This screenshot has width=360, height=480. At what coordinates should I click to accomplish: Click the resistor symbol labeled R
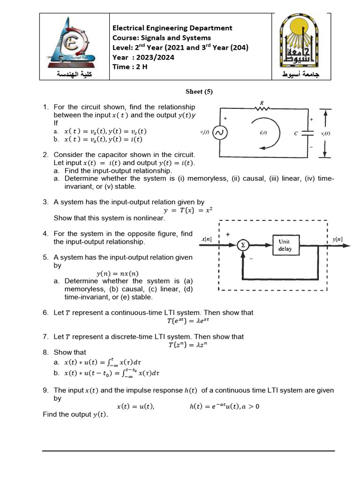[x=261, y=108]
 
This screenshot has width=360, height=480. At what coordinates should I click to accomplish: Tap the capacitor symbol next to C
[x=308, y=133]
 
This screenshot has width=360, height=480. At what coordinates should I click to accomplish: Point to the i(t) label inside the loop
[x=264, y=134]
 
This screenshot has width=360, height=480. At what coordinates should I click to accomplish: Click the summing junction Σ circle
[x=243, y=245]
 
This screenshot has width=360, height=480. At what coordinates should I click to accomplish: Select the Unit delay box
[x=285, y=245]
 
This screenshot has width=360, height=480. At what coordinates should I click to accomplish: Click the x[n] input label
[x=206, y=240]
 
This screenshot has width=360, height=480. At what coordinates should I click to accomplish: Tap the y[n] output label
[x=337, y=240]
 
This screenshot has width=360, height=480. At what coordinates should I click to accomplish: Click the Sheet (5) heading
[x=199, y=92]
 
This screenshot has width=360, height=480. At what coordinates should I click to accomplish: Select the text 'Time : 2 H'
[x=130, y=67]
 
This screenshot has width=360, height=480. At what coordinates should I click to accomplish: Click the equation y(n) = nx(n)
[x=117, y=274]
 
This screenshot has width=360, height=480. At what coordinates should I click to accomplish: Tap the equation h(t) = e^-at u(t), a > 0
[x=224, y=406]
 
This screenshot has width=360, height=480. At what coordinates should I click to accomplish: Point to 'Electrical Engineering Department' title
[x=172, y=28]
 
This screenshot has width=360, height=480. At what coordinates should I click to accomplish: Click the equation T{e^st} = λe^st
[x=187, y=321]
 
